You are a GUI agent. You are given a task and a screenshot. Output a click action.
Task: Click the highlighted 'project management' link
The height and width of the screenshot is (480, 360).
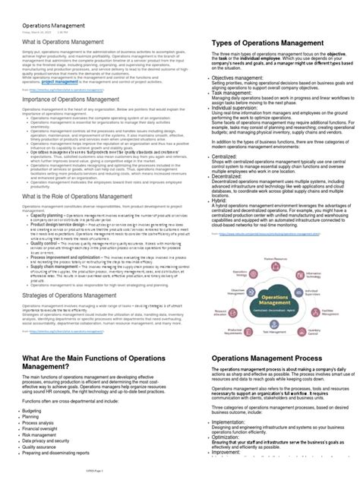[58, 81]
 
